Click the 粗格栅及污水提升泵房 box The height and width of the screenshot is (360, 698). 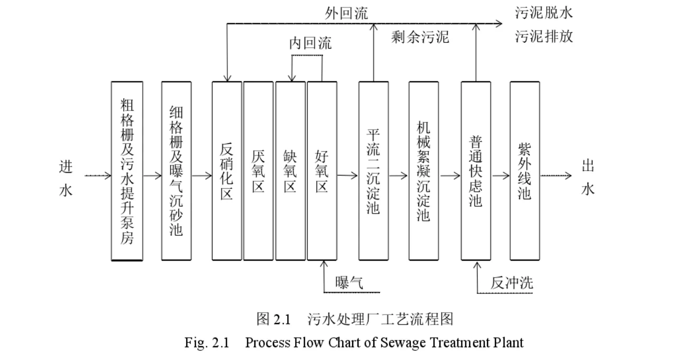(x=127, y=171)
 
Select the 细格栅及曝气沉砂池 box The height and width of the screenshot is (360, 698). (x=177, y=171)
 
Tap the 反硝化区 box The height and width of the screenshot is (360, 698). (x=226, y=171)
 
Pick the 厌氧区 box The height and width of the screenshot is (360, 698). (x=258, y=171)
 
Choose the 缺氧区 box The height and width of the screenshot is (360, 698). (x=290, y=171)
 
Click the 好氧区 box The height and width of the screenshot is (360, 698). (x=322, y=171)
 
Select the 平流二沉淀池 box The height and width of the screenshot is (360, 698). (x=373, y=171)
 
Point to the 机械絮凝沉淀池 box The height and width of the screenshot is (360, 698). (x=423, y=171)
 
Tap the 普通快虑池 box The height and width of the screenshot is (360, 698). (x=475, y=171)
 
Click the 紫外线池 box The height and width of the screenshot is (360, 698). (x=524, y=171)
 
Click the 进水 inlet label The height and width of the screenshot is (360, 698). (x=66, y=178)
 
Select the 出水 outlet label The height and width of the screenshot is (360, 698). (x=588, y=178)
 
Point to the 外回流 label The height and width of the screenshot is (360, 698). (x=346, y=13)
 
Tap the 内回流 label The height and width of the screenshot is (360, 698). (x=310, y=43)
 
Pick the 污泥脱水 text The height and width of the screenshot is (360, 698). (x=544, y=13)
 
